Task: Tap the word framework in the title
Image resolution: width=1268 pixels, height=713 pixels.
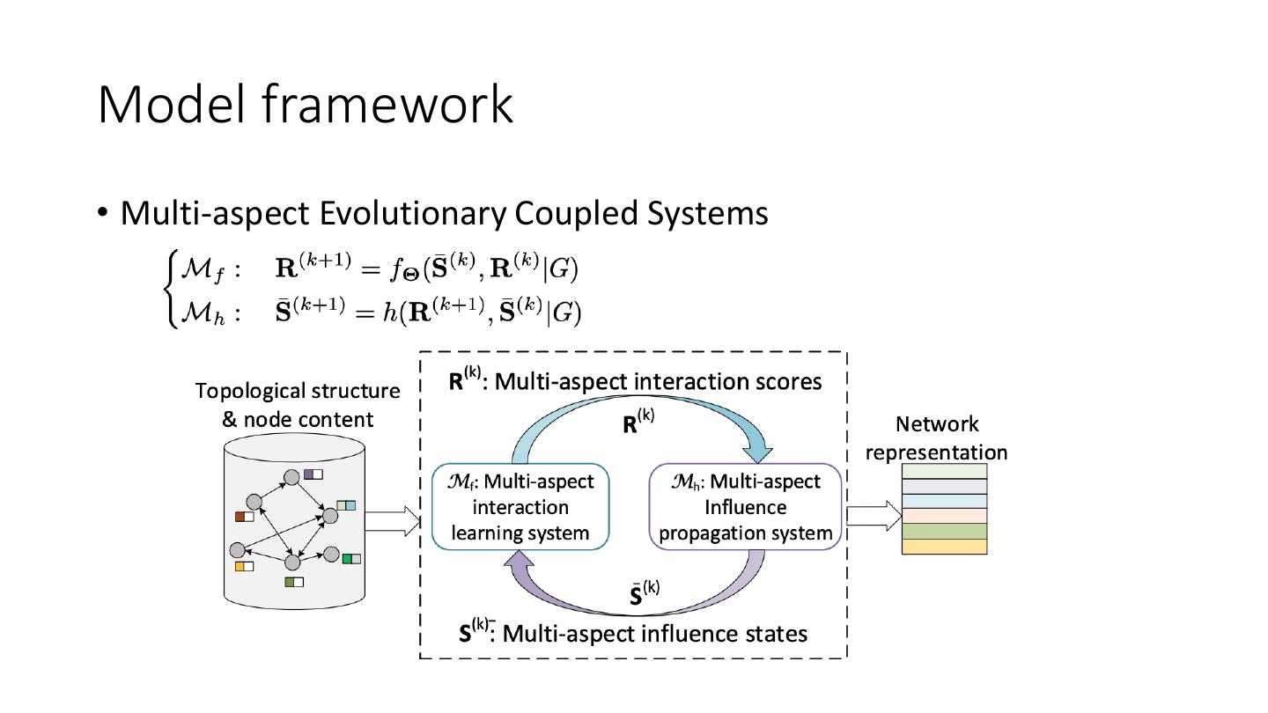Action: [x=387, y=104]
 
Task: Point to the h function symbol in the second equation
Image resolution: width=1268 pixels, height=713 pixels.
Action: [x=387, y=312]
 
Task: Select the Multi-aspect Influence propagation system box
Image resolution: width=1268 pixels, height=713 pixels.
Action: [x=746, y=507]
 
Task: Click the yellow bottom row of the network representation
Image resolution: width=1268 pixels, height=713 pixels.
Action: [x=944, y=547]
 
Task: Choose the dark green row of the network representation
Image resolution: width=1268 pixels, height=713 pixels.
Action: [x=944, y=532]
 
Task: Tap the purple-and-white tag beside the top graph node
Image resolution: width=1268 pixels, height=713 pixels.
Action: [x=313, y=474]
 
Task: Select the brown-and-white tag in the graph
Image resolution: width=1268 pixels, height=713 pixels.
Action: [x=244, y=517]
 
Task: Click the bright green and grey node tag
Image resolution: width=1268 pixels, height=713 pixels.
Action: [x=351, y=558]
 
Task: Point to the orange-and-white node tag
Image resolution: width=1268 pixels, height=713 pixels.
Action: [x=244, y=566]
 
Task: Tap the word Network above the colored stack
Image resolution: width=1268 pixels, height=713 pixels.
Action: [x=937, y=424]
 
